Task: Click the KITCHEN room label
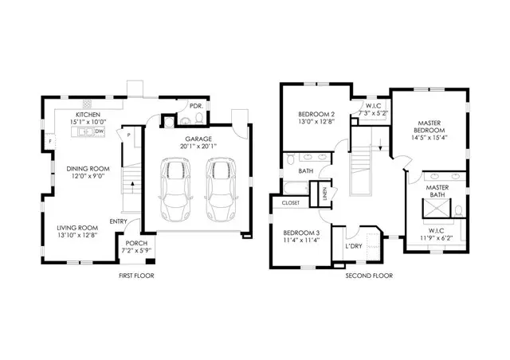tap(88, 115)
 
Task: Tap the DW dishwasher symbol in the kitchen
tap(100, 132)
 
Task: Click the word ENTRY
tap(119, 221)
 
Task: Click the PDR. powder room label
tap(194, 105)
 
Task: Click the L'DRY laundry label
tap(354, 246)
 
